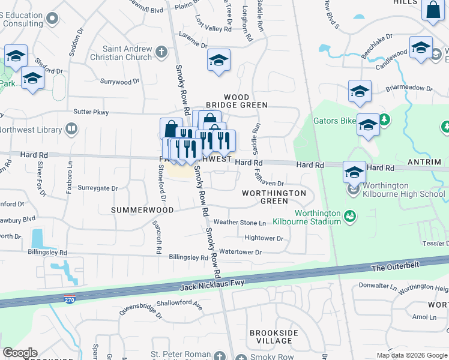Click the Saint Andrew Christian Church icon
point(161,52)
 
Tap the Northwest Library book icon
point(71,128)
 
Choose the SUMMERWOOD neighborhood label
point(142,210)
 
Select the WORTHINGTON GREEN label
point(274,197)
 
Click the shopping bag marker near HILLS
point(433,10)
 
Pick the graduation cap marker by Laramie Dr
point(218,60)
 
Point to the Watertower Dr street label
point(241,252)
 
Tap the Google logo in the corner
point(20,353)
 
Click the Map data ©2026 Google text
point(411,355)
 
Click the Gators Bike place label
point(335,121)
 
